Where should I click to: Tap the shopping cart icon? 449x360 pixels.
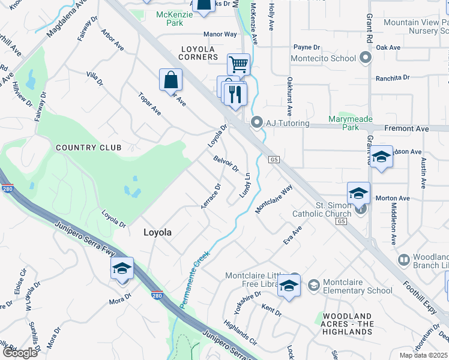pyautogui.click(x=238, y=64)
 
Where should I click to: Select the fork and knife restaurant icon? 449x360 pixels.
pyautogui.click(x=235, y=94)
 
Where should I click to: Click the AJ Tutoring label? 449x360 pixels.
pyautogui.click(x=288, y=123)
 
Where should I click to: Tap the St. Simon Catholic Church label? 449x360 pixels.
pyautogui.click(x=322, y=209)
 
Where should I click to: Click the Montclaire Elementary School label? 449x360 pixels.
pyautogui.click(x=357, y=287)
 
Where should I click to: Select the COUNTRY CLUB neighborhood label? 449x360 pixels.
pyautogui.click(x=88, y=147)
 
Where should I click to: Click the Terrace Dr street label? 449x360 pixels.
pyautogui.click(x=211, y=196)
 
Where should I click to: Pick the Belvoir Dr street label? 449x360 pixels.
pyautogui.click(x=226, y=163)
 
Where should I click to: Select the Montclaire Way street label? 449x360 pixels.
pyautogui.click(x=274, y=198)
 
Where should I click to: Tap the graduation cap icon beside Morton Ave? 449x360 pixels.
pyautogui.click(x=358, y=194)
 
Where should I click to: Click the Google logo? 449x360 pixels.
pyautogui.click(x=20, y=352)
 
